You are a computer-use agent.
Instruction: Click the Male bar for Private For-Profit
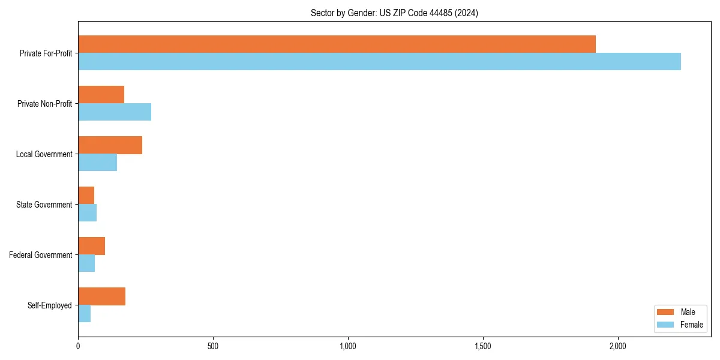(x=337, y=44)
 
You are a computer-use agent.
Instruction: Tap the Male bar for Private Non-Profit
(x=101, y=95)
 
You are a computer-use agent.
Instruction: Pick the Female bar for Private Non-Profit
(x=115, y=112)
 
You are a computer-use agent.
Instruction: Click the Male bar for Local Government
(x=110, y=145)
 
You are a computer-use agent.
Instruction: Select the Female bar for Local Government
(x=97, y=163)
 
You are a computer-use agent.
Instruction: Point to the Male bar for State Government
(x=86, y=196)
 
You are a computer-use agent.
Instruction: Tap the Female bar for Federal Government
(x=86, y=263)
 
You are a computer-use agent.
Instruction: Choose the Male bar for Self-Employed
(x=101, y=296)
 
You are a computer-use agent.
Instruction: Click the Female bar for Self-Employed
(x=84, y=314)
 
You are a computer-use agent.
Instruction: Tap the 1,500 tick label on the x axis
(x=483, y=346)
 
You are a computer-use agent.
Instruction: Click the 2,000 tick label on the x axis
(x=618, y=346)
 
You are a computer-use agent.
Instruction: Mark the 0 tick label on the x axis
(x=78, y=346)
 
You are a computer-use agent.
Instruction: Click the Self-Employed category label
(x=50, y=305)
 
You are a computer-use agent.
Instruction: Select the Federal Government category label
(x=41, y=255)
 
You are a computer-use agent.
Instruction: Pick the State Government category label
(x=44, y=205)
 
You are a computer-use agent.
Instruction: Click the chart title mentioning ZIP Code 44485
(x=394, y=13)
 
